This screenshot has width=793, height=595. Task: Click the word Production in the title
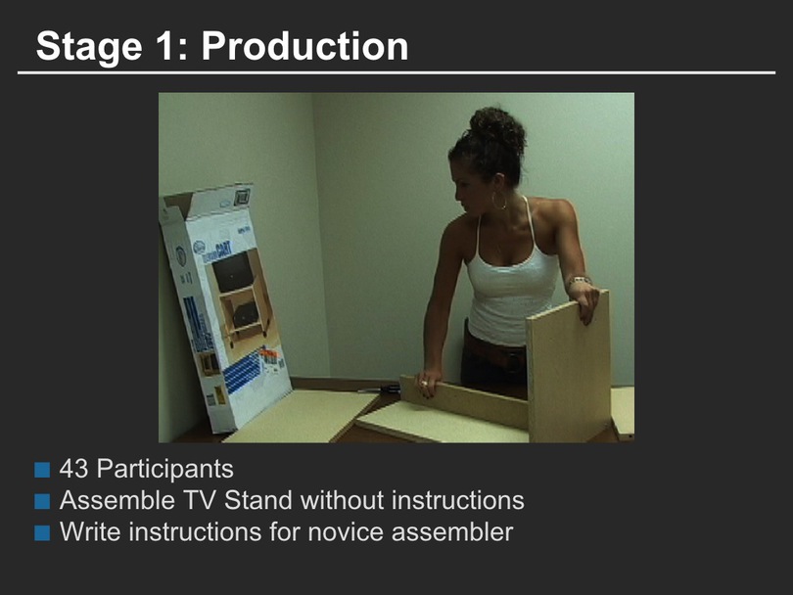[304, 46]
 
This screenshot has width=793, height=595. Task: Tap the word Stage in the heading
[89, 47]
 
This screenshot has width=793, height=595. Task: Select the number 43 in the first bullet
[73, 469]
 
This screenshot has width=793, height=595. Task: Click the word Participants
[164, 469]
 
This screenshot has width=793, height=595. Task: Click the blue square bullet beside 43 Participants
[42, 470]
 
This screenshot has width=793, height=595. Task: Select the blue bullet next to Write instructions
[42, 532]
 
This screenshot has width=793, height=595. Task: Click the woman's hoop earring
[498, 202]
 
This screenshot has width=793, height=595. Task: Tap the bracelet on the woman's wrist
[580, 281]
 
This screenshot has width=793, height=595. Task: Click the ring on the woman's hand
[424, 384]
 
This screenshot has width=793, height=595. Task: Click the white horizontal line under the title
[396, 72]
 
